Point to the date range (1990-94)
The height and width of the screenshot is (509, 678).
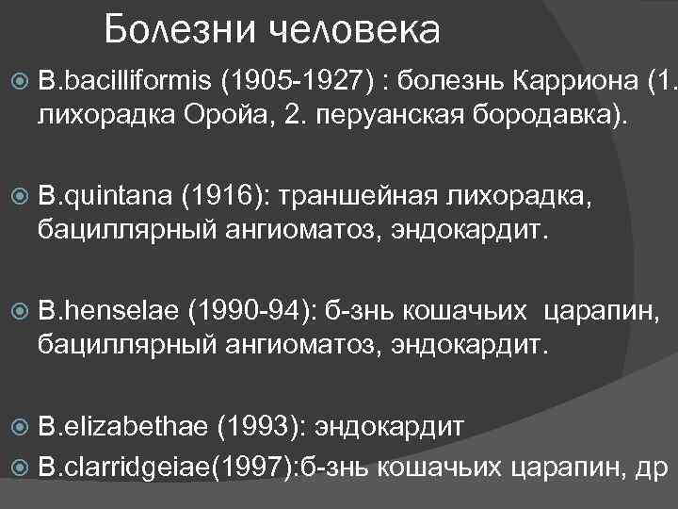tap(257, 312)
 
